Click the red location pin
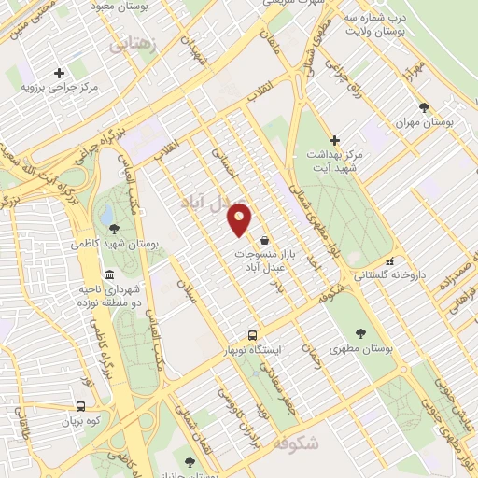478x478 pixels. (240, 219)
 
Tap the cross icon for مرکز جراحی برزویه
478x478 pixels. (60, 73)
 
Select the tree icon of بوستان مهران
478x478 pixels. (424, 107)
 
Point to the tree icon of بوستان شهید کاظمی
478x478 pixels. (114, 228)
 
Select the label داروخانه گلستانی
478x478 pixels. (388, 276)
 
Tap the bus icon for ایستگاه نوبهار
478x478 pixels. (251, 335)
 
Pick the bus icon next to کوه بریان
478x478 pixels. (80, 406)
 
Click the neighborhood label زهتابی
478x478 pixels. (132, 44)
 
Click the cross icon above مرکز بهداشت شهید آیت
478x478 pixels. (334, 140)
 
